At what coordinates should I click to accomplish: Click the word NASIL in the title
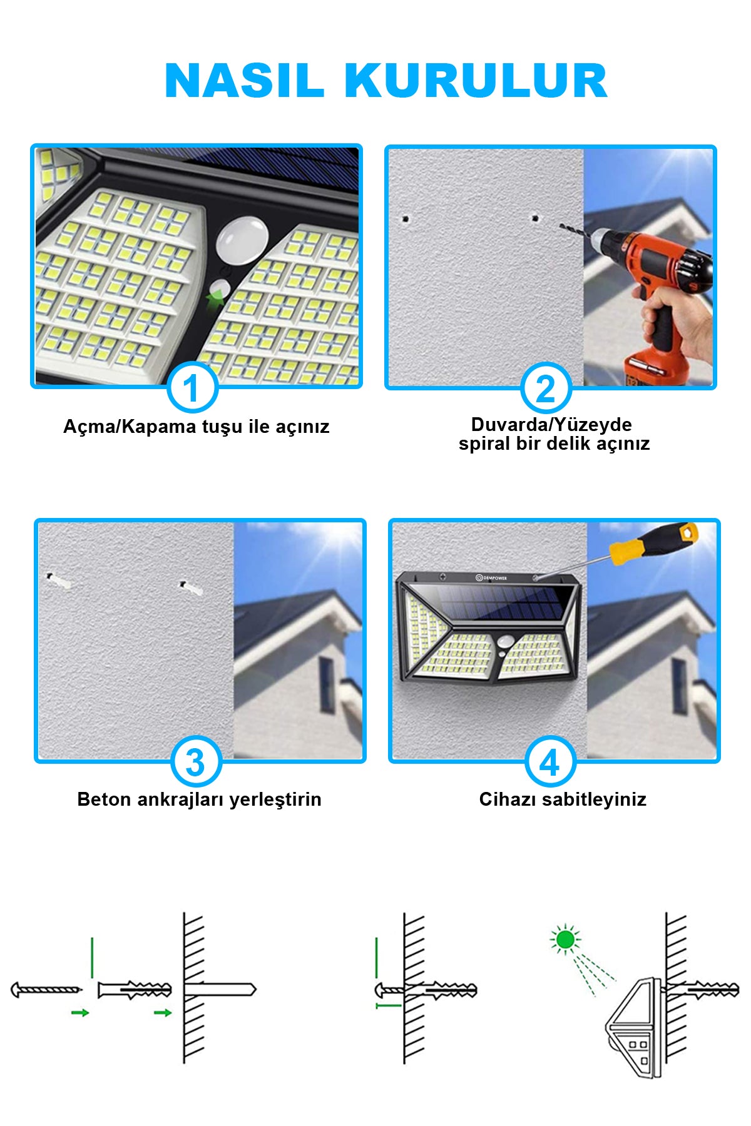[244, 81]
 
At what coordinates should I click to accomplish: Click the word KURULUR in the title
[476, 81]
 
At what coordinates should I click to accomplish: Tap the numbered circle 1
[192, 388]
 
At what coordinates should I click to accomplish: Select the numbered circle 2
[546, 388]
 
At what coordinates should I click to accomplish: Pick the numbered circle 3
[196, 761]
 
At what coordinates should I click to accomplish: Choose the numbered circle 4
[550, 761]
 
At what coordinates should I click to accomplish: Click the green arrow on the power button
[215, 299]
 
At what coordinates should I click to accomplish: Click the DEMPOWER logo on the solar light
[491, 577]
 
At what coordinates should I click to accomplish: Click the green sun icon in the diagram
[565, 939]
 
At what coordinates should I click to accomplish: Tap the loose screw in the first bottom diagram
[46, 990]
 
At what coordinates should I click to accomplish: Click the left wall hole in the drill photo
[405, 219]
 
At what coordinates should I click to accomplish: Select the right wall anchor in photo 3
[191, 588]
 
